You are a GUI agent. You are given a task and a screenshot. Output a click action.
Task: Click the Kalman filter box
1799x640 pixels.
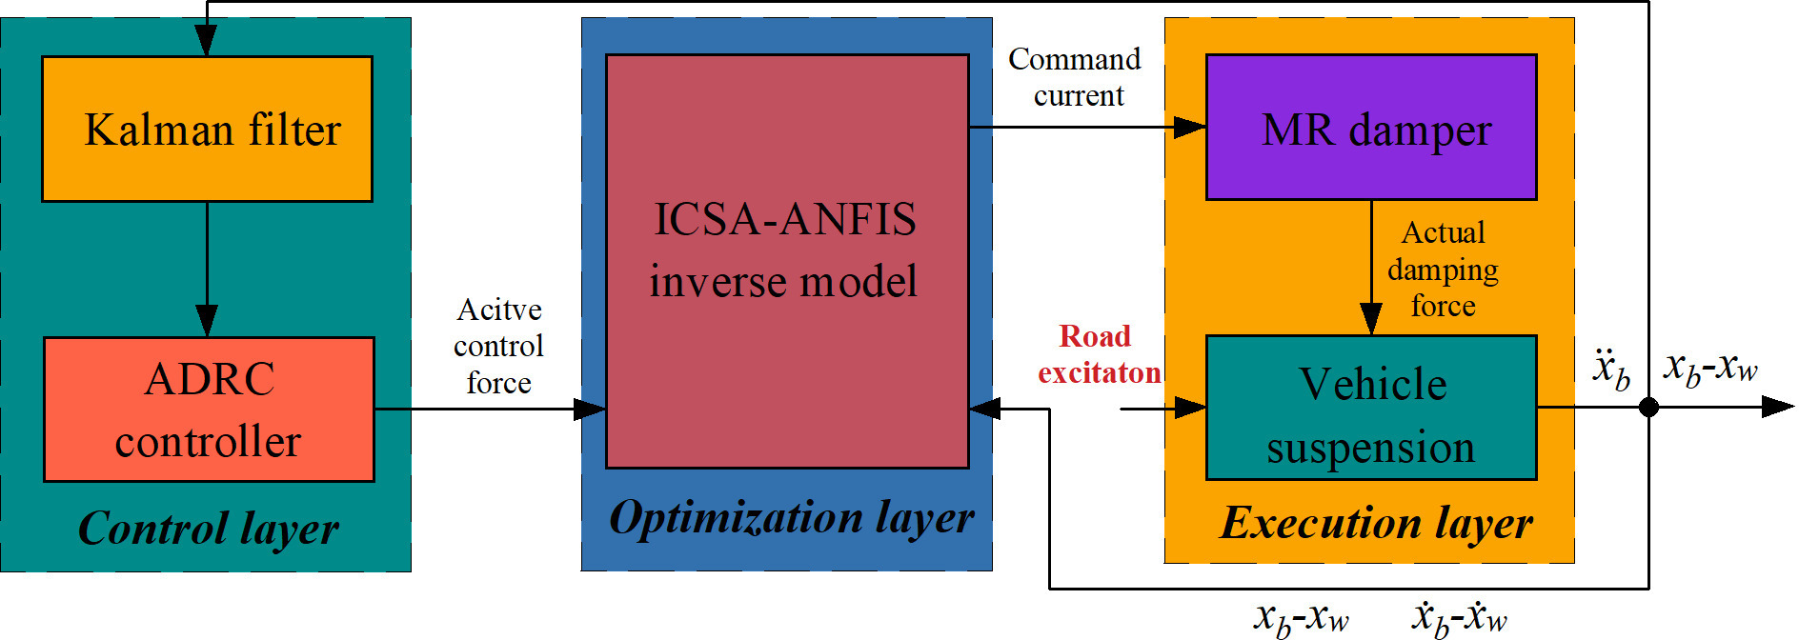207,129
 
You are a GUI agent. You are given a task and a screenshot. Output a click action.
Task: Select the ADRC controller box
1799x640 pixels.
209,410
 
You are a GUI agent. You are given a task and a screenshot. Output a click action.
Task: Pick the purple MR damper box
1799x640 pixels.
1371,128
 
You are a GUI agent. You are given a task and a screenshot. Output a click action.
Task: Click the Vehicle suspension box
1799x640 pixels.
1371,408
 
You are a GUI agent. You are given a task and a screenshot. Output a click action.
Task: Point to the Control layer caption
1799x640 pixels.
208,529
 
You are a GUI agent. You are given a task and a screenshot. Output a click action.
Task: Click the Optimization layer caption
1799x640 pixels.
791,518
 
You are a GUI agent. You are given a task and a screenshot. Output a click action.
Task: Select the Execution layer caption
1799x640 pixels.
1376,523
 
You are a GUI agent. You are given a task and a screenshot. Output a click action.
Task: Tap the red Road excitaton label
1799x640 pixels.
1099,354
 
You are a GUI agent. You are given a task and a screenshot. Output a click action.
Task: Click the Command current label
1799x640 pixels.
1076,77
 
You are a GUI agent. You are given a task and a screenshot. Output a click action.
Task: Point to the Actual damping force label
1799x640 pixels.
1443,270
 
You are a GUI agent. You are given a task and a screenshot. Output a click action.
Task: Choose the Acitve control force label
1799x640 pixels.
498,346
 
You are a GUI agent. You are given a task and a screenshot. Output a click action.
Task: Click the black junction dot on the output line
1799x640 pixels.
1648,408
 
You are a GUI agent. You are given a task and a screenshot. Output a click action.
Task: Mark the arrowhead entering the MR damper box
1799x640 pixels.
1191,127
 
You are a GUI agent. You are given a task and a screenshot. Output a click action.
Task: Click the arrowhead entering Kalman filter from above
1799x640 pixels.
207,42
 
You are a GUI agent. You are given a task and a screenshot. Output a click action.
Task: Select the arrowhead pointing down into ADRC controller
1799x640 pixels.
207,321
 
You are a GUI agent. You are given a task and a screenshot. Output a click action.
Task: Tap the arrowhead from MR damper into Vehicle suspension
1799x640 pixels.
1371,319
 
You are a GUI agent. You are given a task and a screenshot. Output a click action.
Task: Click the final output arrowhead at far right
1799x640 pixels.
1778,408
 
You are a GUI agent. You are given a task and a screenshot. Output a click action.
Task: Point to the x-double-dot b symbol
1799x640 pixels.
1611,370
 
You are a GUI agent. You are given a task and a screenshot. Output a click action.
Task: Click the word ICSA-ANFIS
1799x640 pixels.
785,220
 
